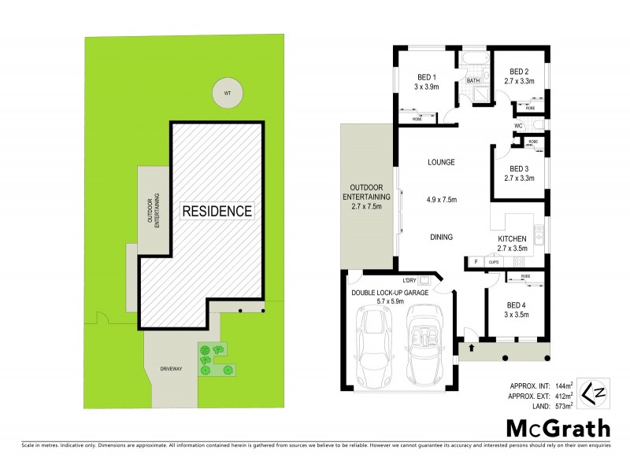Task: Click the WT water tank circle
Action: click(x=228, y=94)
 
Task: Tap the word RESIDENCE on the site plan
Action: click(x=217, y=211)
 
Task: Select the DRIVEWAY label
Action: click(x=172, y=369)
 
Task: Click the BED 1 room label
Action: click(x=426, y=77)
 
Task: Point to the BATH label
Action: click(x=473, y=81)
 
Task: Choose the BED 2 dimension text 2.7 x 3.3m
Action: click(x=519, y=81)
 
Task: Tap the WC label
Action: click(x=519, y=126)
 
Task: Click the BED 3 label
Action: click(x=519, y=168)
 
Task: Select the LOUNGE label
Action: click(x=442, y=163)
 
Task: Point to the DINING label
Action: click(x=441, y=237)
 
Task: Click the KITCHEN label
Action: click(x=513, y=238)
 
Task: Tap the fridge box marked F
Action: click(x=476, y=261)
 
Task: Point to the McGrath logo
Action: click(x=557, y=429)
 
